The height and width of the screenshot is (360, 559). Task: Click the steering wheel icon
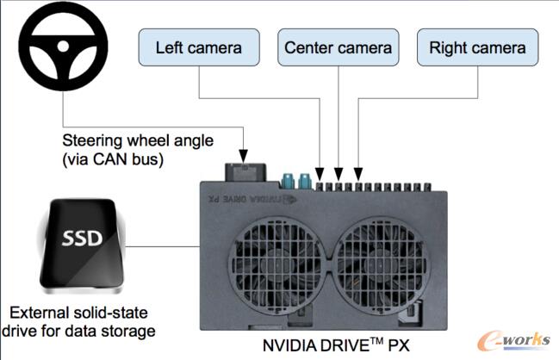tap(56, 55)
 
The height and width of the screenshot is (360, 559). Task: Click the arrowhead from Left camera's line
tap(320, 171)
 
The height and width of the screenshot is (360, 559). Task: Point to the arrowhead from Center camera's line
tap(339, 171)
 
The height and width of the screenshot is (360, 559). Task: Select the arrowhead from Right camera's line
tap(357, 171)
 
